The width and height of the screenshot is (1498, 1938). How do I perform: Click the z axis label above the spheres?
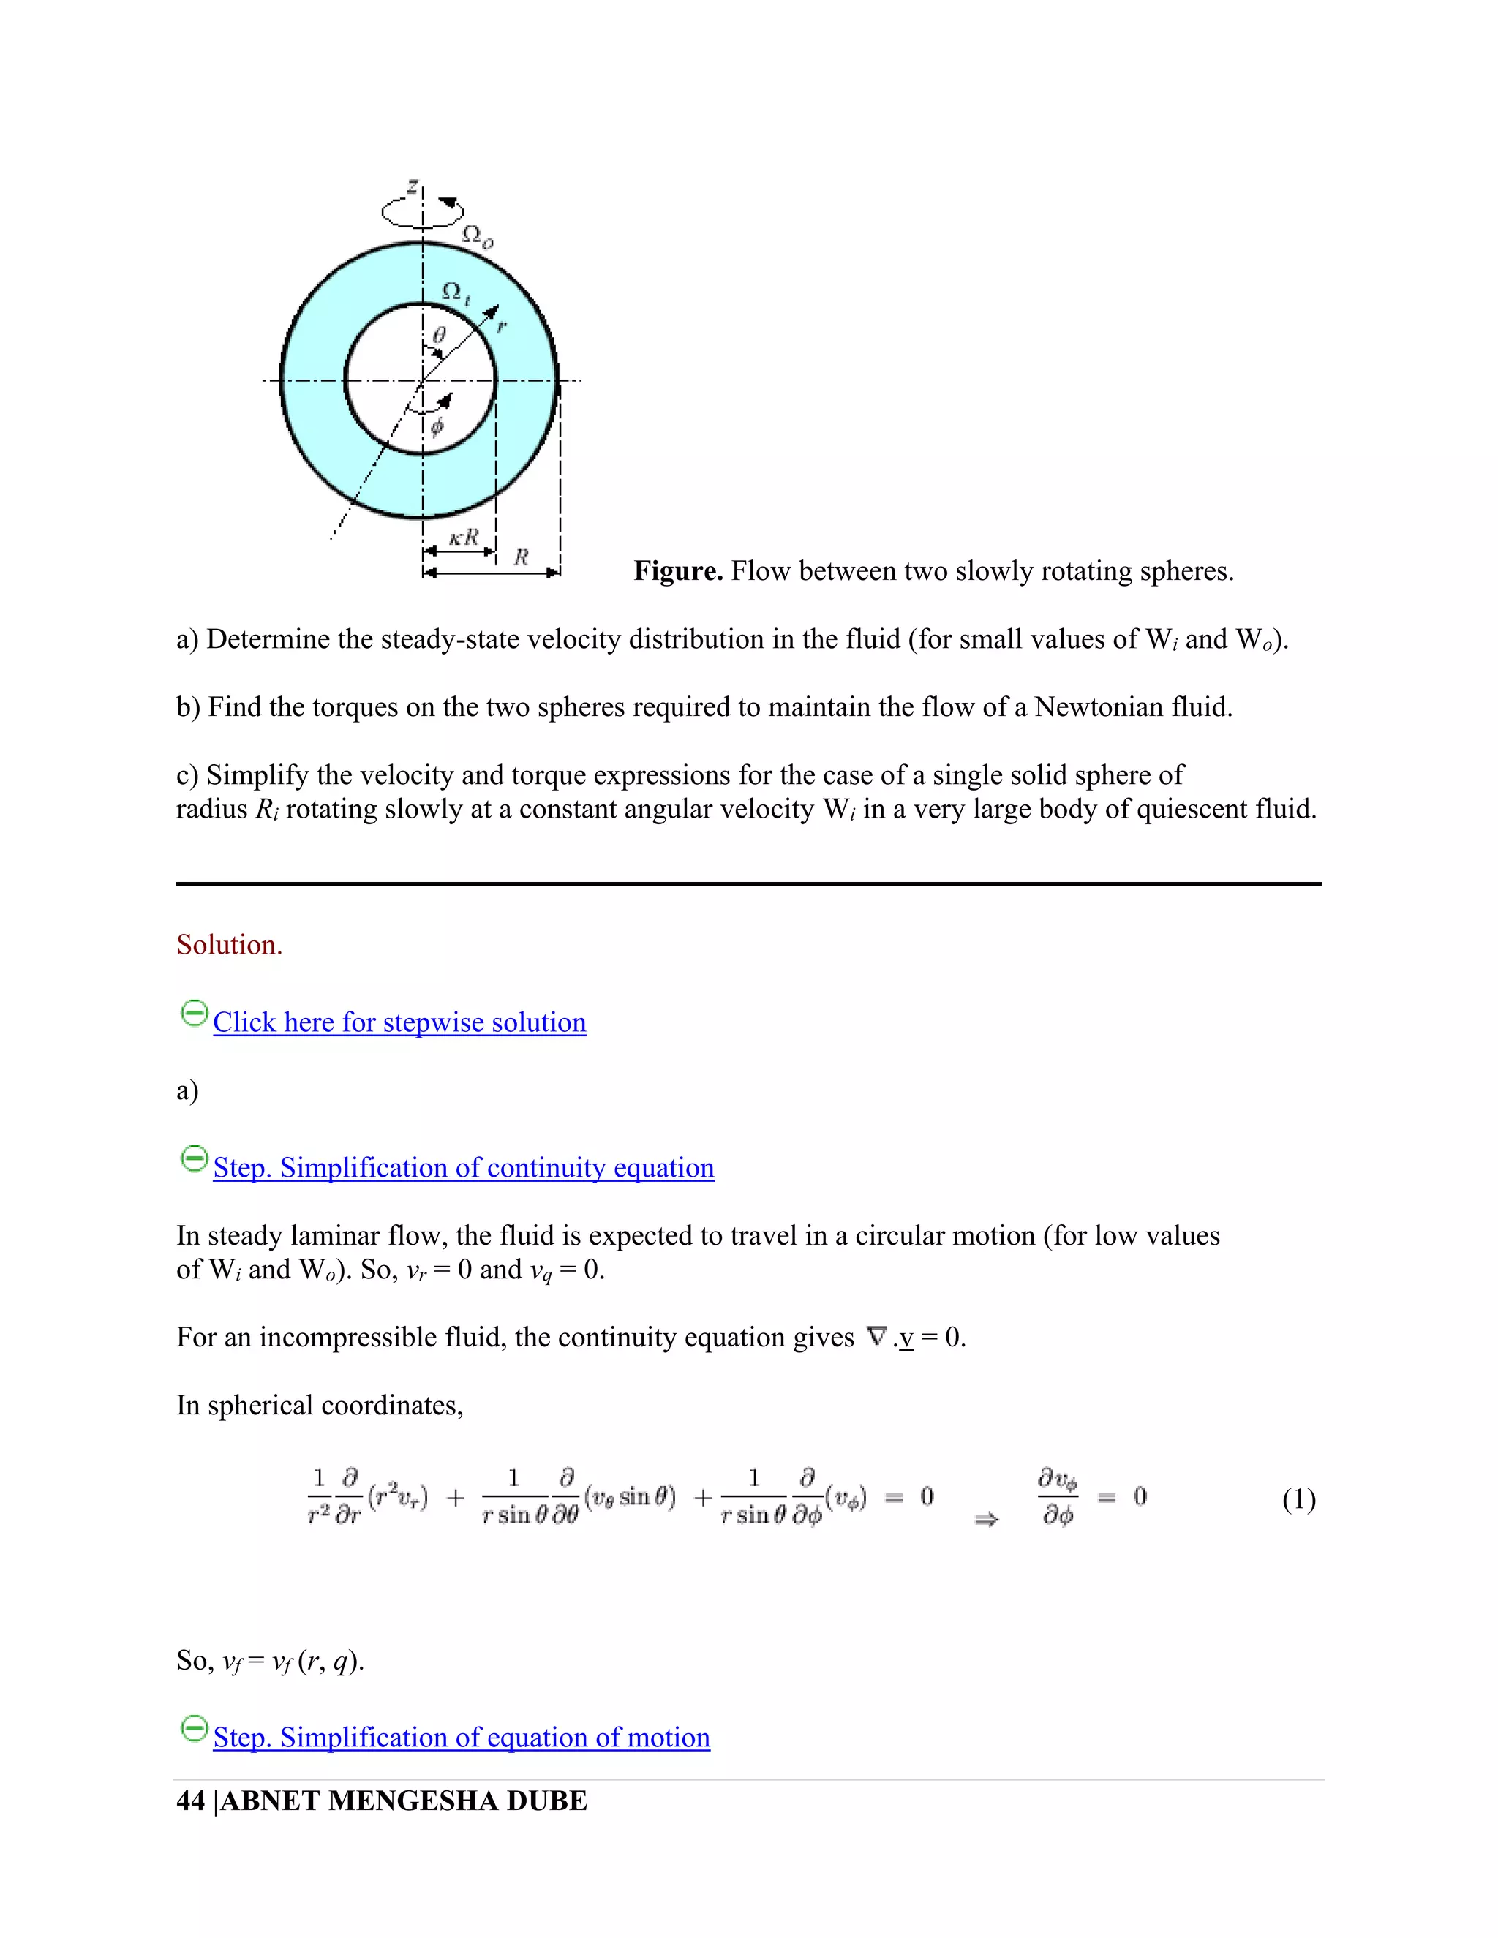(412, 186)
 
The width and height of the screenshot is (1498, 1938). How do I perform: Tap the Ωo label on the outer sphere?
(478, 236)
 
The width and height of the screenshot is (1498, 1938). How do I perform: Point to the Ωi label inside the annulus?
(455, 292)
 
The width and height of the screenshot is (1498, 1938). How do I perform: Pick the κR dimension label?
(463, 538)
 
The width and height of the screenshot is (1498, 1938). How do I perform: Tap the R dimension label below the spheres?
(522, 557)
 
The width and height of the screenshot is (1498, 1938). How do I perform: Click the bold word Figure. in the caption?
(678, 570)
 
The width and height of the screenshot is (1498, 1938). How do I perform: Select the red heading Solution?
(229, 945)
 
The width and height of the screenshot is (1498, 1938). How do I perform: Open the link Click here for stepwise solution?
(399, 1022)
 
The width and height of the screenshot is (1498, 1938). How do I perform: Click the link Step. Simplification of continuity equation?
(463, 1168)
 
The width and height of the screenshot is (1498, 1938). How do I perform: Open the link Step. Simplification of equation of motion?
(462, 1738)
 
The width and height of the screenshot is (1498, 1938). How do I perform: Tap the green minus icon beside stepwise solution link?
(193, 1014)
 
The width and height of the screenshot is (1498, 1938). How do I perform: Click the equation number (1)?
(1298, 1500)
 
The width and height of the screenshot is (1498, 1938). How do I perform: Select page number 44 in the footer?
(191, 1801)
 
